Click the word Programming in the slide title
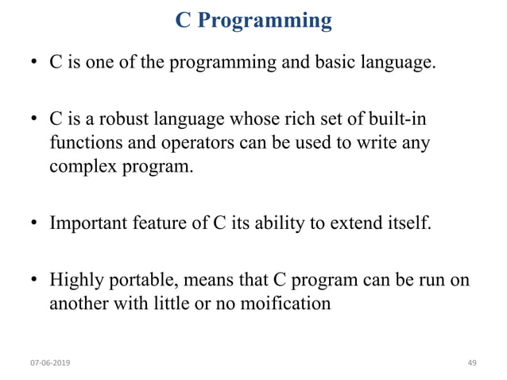pyautogui.click(x=264, y=21)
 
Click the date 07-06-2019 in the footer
pyautogui.click(x=49, y=363)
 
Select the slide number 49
pyautogui.click(x=472, y=363)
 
